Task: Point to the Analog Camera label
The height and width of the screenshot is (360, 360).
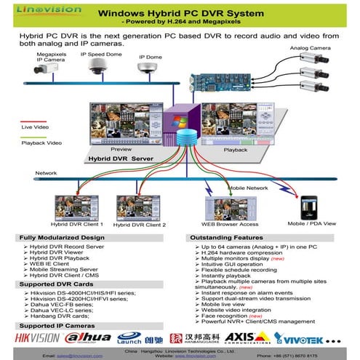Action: pos(309,48)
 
